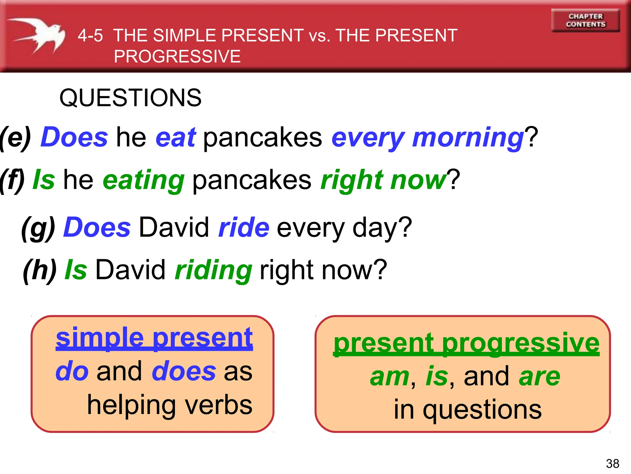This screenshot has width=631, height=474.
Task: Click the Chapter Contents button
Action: coord(585,20)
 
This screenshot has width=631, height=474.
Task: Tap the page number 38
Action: coord(612,464)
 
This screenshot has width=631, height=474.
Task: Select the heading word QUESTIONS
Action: coord(130,98)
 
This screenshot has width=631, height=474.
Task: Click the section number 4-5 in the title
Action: coord(90,35)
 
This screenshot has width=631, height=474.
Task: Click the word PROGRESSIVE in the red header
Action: coord(177,56)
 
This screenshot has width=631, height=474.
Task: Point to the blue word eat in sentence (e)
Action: coord(176,137)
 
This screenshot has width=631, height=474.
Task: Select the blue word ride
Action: coord(244,227)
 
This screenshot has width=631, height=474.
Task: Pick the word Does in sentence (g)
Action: coord(97,227)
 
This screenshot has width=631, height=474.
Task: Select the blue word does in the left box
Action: coord(184,371)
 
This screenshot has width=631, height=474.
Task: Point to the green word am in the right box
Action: coord(390,377)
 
